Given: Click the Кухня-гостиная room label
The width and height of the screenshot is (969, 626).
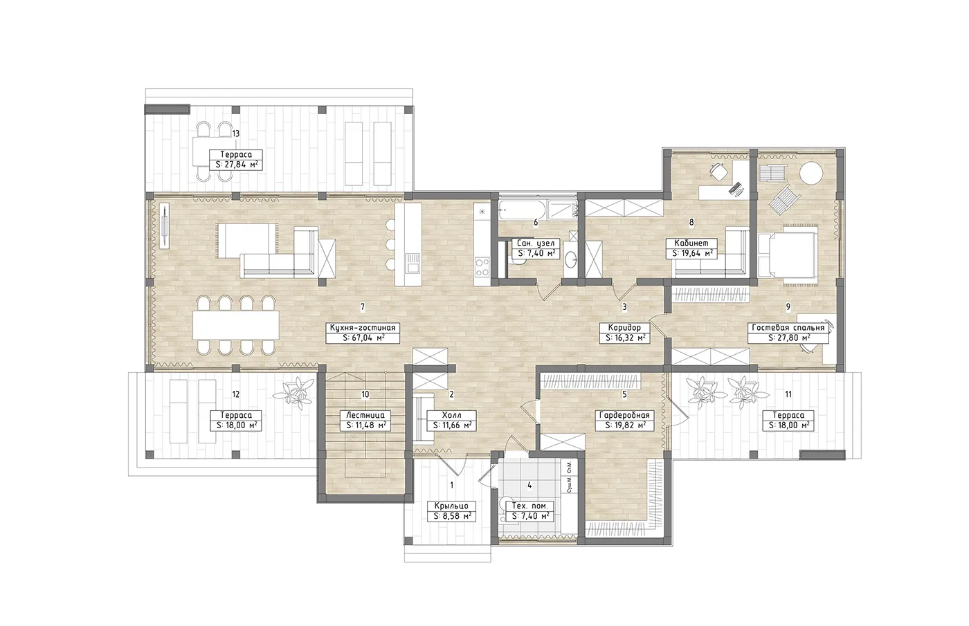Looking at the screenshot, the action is pyautogui.click(x=363, y=328).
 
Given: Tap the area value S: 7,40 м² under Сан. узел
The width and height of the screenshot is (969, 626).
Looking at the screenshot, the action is pyautogui.click(x=536, y=253).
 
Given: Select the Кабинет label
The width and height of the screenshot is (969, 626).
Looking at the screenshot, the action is pyautogui.click(x=691, y=243).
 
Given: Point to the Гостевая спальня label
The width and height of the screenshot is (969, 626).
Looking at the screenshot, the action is pyautogui.click(x=788, y=328).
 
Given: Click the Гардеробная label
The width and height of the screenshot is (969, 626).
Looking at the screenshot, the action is pyautogui.click(x=624, y=416).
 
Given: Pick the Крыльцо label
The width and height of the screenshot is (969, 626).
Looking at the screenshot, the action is pyautogui.click(x=451, y=506).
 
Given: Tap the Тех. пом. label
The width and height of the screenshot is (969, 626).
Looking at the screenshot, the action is pyautogui.click(x=529, y=506).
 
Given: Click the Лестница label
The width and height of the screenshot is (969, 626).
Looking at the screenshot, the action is pyautogui.click(x=365, y=416).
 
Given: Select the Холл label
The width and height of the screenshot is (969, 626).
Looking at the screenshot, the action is pyautogui.click(x=451, y=416).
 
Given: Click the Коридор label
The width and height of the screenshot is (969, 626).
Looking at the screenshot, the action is pyautogui.click(x=624, y=328).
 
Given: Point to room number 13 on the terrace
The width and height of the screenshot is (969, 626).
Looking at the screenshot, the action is pyautogui.click(x=236, y=134).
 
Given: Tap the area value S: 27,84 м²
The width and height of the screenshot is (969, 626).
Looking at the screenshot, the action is pyautogui.click(x=236, y=165).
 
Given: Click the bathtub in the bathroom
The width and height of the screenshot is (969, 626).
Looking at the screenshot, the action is pyautogui.click(x=522, y=210).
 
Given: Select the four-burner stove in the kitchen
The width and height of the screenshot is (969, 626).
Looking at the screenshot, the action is pyautogui.click(x=482, y=267).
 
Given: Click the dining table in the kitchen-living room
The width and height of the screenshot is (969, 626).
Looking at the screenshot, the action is pyautogui.click(x=236, y=325).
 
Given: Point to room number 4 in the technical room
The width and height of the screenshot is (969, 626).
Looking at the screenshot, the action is pyautogui.click(x=529, y=486).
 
